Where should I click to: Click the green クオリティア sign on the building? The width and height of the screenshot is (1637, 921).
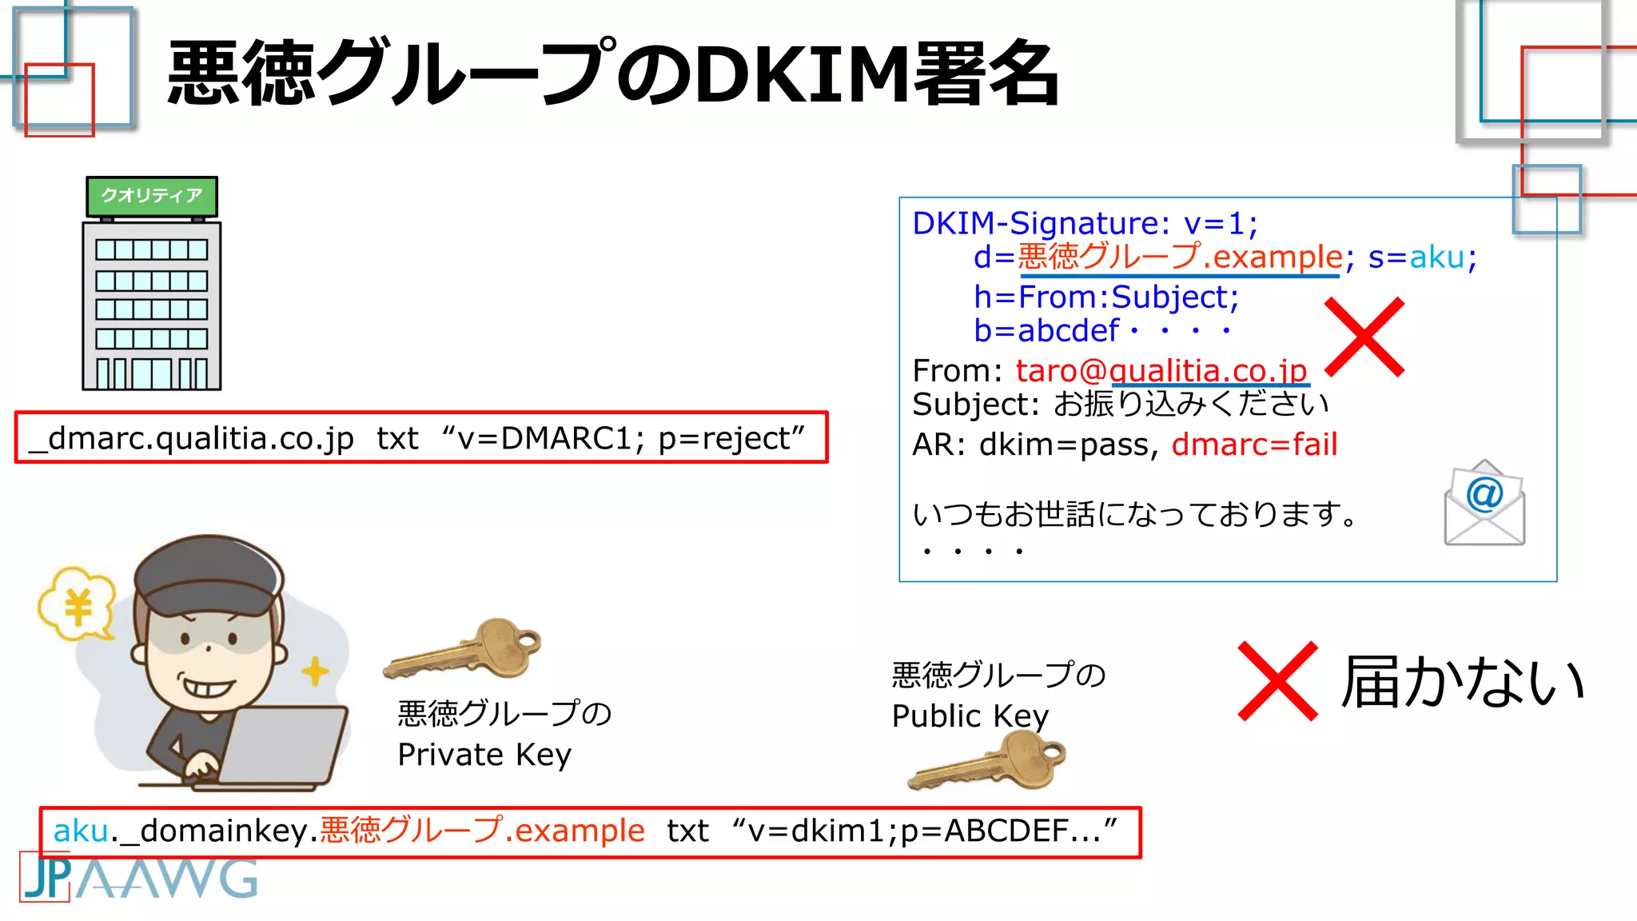point(152,196)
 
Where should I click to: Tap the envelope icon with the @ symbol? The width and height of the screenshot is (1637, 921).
point(1484,504)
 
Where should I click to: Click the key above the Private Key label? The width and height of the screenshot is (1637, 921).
point(464,648)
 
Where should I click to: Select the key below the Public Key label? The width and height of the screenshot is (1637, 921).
point(989,762)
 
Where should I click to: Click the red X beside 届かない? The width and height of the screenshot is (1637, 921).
point(1277,681)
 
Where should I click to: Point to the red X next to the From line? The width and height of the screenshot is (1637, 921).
point(1364,337)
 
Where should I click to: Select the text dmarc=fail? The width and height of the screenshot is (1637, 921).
point(1254,445)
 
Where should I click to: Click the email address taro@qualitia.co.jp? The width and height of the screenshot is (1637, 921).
point(1161,371)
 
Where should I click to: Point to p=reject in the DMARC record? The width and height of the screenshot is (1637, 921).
point(724,438)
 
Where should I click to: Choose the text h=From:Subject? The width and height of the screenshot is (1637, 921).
point(1106,297)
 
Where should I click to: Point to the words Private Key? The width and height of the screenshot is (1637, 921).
point(484,755)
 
